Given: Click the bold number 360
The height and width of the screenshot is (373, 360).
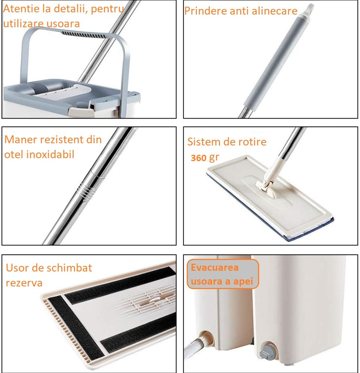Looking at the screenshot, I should coord(199,158).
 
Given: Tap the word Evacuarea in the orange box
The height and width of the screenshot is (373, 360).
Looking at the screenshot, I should coord(215,267).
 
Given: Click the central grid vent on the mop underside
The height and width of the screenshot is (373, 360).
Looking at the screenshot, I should coord(151,300).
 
